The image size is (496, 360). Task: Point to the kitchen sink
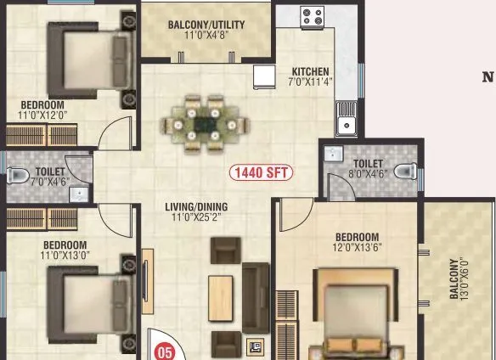[x=346, y=126]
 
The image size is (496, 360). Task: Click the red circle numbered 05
[x=165, y=349]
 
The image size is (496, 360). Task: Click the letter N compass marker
[x=488, y=77]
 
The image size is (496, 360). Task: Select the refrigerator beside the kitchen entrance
[x=263, y=76]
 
